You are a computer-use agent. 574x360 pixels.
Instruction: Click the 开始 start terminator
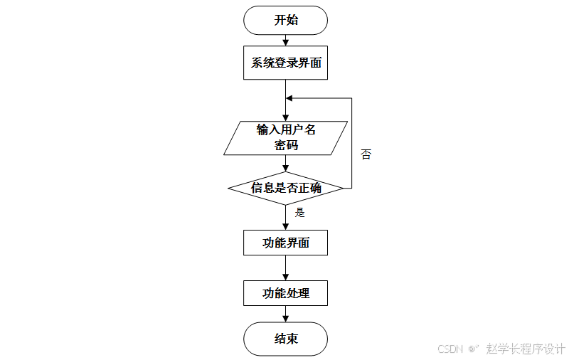(285, 20)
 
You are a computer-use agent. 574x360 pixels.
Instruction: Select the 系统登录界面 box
(285, 63)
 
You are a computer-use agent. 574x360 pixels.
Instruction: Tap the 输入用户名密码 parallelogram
(285, 138)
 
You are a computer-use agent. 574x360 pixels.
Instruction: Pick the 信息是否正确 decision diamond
(285, 189)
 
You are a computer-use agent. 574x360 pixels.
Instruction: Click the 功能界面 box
(285, 243)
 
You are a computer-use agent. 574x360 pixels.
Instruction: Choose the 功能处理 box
(285, 293)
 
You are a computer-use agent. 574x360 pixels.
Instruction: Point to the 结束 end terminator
(285, 339)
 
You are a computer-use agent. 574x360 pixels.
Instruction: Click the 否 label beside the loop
(366, 154)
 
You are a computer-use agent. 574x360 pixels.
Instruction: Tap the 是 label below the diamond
(299, 212)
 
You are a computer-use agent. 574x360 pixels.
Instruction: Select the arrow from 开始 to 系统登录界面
(285, 41)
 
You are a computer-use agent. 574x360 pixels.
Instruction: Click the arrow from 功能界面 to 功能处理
(285, 268)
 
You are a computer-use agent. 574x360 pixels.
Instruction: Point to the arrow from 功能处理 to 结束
(285, 314)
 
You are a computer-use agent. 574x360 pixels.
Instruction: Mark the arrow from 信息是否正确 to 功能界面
(285, 218)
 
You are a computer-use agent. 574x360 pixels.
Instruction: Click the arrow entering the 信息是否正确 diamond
(285, 164)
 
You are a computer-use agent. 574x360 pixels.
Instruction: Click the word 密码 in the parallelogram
(285, 146)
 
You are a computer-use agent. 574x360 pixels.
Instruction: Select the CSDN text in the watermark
(450, 349)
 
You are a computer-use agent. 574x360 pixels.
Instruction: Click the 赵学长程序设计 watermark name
(526, 349)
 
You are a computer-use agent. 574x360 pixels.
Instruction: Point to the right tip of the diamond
(343, 189)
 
